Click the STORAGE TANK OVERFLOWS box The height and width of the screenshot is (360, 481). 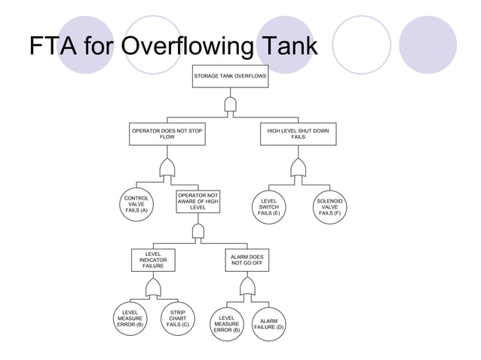coord(230,76)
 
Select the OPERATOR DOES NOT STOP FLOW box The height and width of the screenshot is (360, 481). coord(167,134)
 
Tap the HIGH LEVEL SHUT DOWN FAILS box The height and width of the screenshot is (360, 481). coord(298,134)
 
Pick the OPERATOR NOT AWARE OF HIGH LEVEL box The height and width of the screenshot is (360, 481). coord(198,202)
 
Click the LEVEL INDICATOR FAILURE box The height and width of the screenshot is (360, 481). coord(153,260)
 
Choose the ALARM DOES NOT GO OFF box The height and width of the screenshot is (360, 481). coord(247,260)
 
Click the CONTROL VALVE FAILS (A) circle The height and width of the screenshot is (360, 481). coord(136,204)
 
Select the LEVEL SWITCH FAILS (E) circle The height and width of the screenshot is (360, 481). coord(268,207)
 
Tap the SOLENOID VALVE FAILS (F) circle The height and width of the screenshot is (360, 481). coord(329,207)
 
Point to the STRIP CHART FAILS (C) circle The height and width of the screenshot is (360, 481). coord(178,318)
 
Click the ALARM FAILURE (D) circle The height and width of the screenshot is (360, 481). coord(268,324)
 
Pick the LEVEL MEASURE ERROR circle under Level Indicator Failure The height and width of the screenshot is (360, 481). coord(130,318)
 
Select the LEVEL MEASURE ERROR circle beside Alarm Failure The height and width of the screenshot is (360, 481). coord(226,324)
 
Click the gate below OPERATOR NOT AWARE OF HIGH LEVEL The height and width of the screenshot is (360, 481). coord(198,230)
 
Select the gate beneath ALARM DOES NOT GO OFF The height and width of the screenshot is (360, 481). coord(247,286)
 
